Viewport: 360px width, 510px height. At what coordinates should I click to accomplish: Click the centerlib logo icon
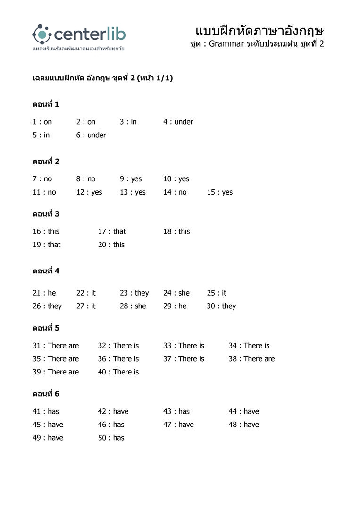[x=42, y=34]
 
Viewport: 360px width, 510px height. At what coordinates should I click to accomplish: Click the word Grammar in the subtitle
[x=226, y=44]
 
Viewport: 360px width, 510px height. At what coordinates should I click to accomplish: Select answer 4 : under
[x=178, y=122]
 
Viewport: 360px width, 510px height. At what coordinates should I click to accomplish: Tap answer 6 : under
[x=91, y=135]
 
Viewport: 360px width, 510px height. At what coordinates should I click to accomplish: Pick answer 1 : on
[x=42, y=122]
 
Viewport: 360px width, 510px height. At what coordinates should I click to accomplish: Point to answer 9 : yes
[x=130, y=179]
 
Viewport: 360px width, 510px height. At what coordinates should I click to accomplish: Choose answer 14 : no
[x=175, y=192]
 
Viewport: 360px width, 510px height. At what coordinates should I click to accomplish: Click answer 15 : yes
[x=219, y=192]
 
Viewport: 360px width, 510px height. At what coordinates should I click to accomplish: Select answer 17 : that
[x=112, y=231]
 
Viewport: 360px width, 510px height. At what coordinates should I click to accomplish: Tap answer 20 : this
[x=111, y=245]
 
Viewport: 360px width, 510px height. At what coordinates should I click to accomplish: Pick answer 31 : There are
[x=56, y=346]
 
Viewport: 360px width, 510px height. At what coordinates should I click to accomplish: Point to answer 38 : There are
[x=251, y=359]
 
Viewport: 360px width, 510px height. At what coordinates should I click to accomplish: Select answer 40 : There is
[x=118, y=372]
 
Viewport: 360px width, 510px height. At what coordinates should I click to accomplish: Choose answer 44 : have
[x=244, y=411]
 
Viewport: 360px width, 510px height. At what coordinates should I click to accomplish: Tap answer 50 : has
[x=111, y=438]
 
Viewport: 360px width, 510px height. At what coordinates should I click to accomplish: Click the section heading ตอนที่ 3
[x=46, y=214]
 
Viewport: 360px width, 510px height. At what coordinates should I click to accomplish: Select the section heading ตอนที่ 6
[x=46, y=394]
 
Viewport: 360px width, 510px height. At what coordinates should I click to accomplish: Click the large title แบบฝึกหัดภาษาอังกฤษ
[x=259, y=31]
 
